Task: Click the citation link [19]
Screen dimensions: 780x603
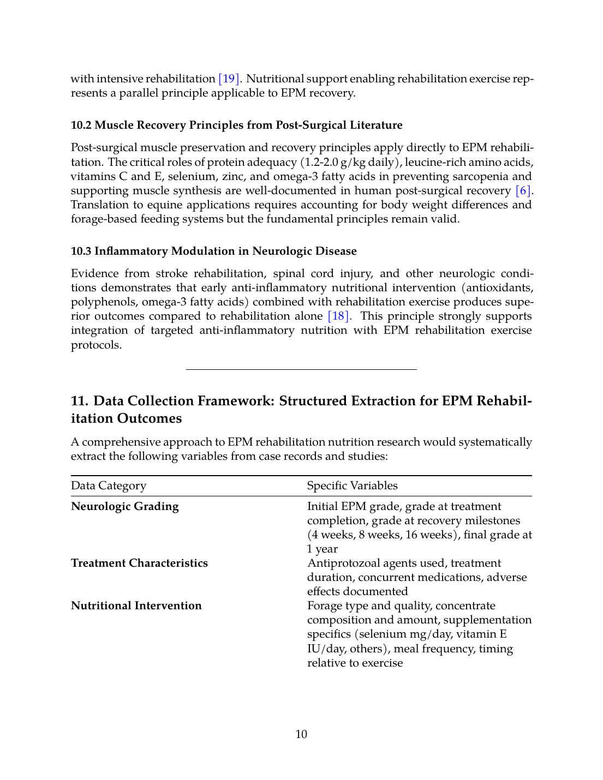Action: pyautogui.click(x=229, y=79)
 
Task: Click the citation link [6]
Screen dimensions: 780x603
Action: pyautogui.click(x=523, y=190)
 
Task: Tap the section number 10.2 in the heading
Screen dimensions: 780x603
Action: pyautogui.click(x=81, y=125)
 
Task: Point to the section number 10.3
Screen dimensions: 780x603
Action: pyautogui.click(x=81, y=251)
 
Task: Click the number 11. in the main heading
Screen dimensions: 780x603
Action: pyautogui.click(x=80, y=401)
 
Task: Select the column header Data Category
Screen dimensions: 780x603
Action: pyautogui.click(x=109, y=485)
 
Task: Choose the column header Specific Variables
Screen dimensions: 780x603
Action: pyautogui.click(x=352, y=485)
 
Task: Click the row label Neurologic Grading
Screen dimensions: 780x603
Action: pyautogui.click(x=125, y=506)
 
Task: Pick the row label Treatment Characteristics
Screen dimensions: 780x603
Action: pyautogui.click(x=139, y=563)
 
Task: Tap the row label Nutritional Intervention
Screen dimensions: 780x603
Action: pyautogui.click(x=136, y=605)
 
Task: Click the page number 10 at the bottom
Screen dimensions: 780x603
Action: pyautogui.click(x=301, y=734)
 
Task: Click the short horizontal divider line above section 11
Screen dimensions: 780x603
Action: pyautogui.click(x=301, y=369)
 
